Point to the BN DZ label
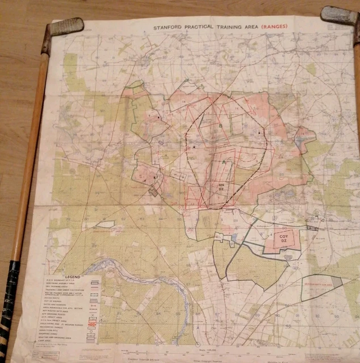click(221, 187)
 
